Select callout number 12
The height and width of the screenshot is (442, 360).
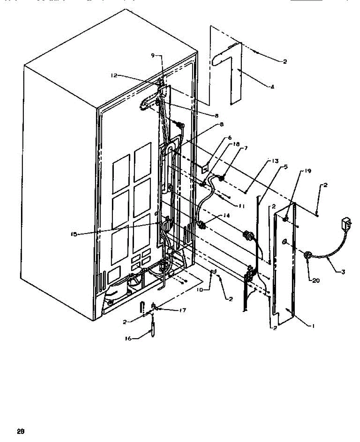(114, 75)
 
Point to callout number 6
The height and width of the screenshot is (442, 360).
(230, 137)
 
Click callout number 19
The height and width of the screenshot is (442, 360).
(308, 171)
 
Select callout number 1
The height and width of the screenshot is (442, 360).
(313, 326)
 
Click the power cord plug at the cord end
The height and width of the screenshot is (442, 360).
(346, 222)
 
